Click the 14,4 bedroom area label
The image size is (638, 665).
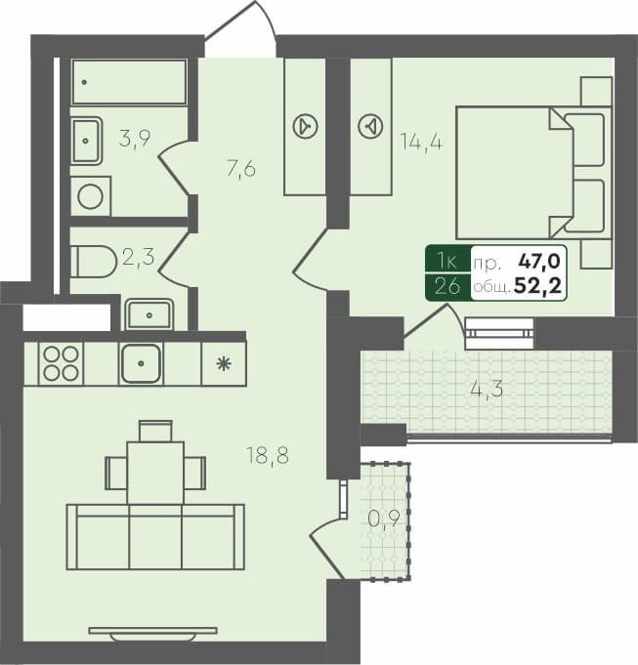tap(421, 141)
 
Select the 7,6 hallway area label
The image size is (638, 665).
tap(240, 169)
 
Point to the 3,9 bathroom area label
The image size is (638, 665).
tap(134, 138)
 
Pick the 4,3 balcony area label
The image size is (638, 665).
tap(487, 389)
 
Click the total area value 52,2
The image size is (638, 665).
tap(544, 286)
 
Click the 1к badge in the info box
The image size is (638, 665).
tap(447, 262)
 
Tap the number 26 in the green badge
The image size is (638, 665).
tap(447, 286)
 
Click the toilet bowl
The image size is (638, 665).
tap(93, 262)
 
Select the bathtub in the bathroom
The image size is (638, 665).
tap(128, 82)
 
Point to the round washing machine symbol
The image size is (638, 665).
tap(91, 196)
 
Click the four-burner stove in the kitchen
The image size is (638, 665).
tap(61, 363)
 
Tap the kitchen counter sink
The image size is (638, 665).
tap(141, 363)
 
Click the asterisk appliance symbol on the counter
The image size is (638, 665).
tap(223, 363)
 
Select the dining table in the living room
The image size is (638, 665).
tap(155, 471)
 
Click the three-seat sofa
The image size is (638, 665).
tap(155, 536)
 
